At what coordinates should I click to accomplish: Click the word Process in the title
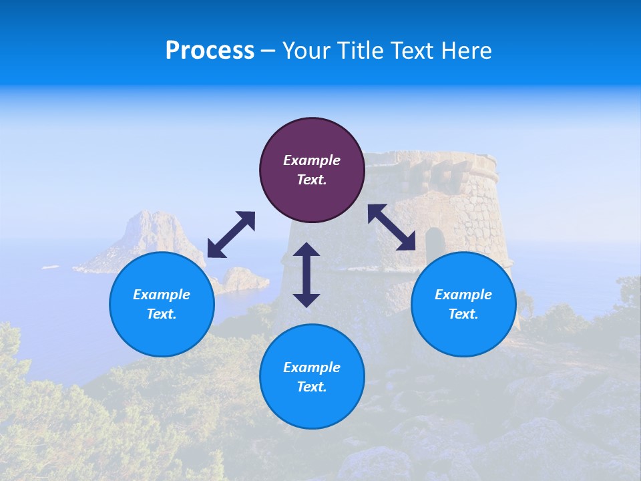210,51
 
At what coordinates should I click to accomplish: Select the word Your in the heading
306,51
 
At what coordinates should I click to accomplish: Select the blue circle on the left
162,334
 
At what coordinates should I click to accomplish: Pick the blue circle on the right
463,334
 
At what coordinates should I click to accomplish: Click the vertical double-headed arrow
306,275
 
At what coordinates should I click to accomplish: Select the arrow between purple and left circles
231,234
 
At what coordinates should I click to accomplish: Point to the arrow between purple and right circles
392,227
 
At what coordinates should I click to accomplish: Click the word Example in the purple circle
312,160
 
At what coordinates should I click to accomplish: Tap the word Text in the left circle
162,314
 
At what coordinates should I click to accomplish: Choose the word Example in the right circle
463,295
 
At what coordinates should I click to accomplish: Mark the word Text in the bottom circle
312,387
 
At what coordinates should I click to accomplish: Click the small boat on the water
51,267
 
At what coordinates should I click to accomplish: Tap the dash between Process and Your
268,51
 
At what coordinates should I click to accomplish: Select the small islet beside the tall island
242,279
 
